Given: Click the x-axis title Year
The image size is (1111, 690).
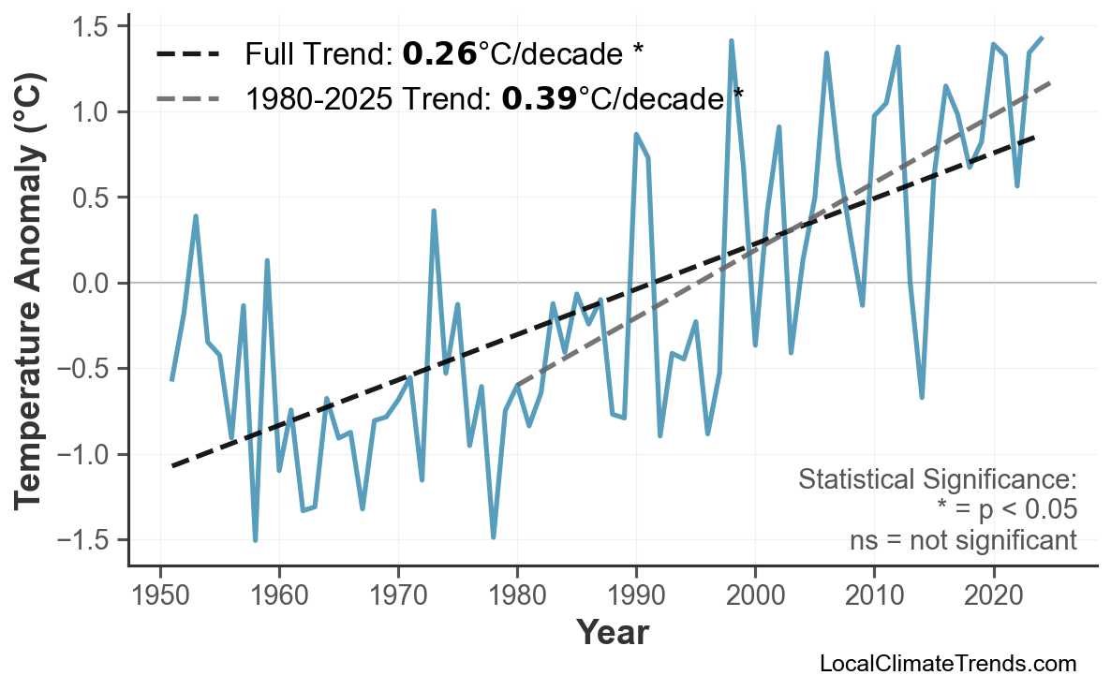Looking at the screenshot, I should coord(612,633).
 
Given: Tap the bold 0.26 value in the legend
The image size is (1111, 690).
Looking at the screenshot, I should coord(439,54).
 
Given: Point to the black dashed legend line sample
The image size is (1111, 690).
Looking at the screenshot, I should coord(186,54).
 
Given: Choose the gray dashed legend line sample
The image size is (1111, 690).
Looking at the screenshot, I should coord(186,96).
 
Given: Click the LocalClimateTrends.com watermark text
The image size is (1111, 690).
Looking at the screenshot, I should coord(947,664).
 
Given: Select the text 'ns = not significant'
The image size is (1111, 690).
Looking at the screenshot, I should coord(963,540).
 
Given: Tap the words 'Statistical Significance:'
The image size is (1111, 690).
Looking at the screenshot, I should coord(937,480).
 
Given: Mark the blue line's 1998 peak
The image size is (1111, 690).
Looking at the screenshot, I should coord(732,41).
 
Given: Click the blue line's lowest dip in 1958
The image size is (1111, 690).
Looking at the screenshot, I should coord(255,540).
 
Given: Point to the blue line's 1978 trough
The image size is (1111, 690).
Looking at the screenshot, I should coord(494,537).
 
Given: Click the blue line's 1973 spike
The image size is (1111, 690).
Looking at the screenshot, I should coord(434,212).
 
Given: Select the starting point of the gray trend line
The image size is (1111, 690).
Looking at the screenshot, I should coord(517,385).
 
